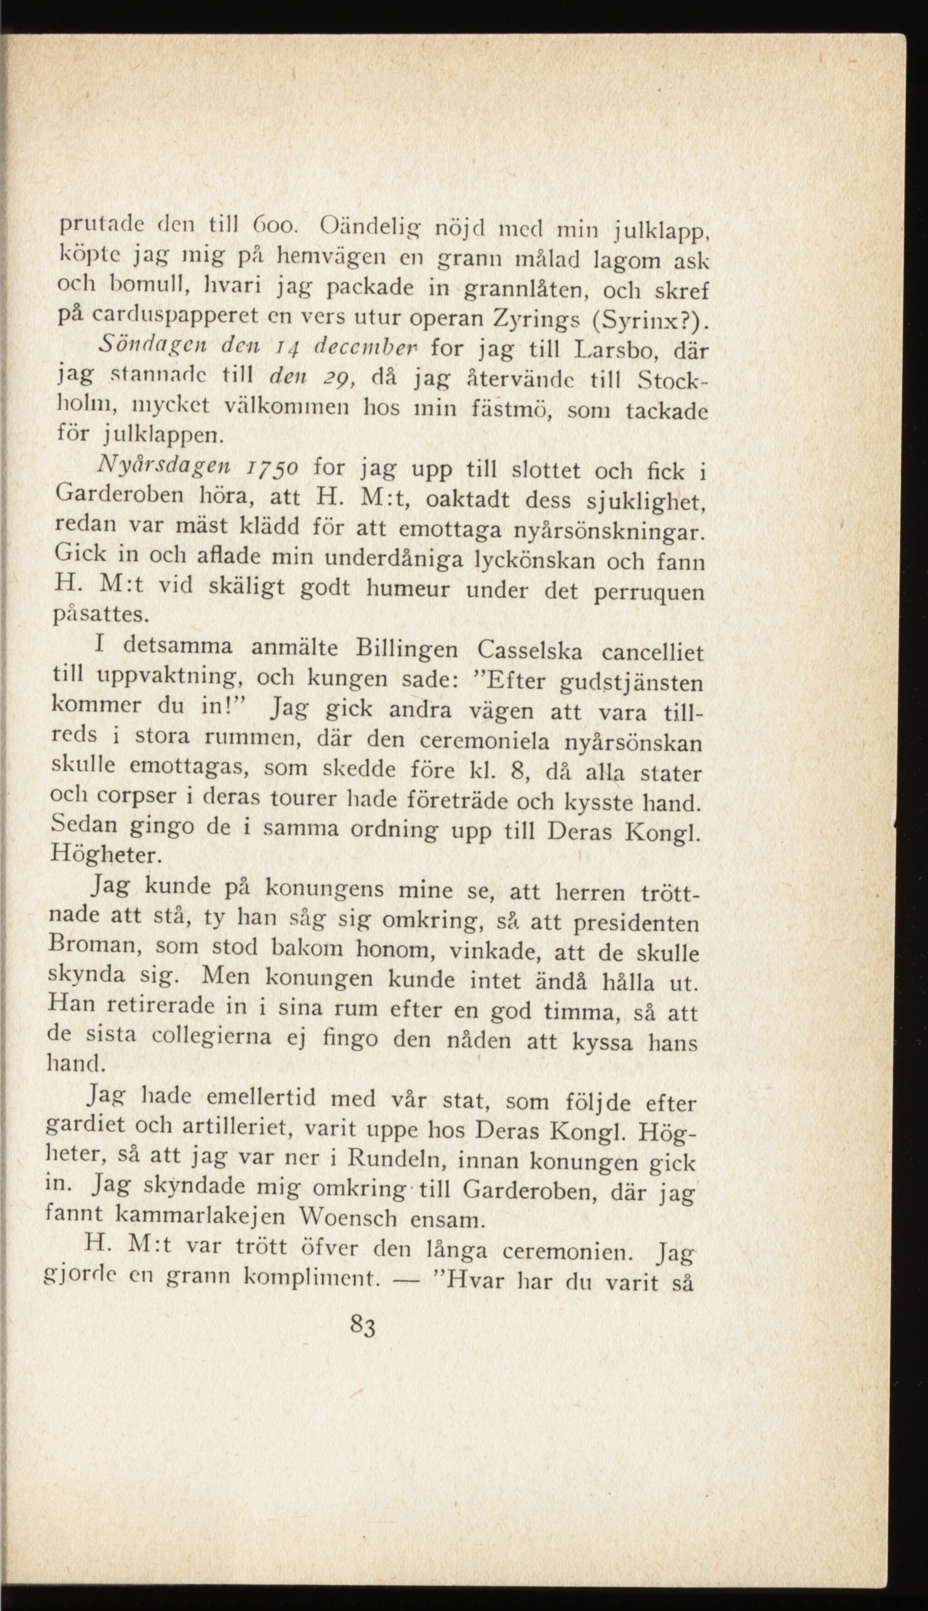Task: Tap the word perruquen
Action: point(650,594)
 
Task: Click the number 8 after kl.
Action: point(518,772)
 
